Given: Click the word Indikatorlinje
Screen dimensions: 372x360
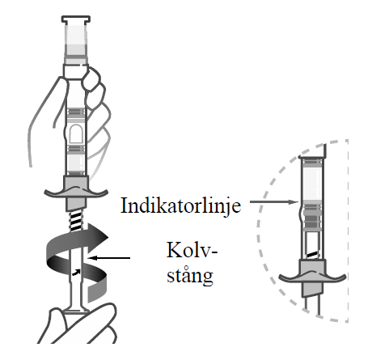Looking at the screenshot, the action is (180, 206).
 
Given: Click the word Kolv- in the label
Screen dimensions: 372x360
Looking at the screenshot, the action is (192, 250).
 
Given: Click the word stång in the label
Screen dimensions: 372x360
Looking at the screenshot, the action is (190, 276).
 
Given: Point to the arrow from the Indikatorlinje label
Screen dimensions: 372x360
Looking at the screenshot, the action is (274, 201).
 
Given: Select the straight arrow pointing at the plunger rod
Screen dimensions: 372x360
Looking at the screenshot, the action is (109, 258).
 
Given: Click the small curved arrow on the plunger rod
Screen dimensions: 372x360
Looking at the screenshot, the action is (75, 273).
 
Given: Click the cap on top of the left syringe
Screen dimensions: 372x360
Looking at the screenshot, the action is (76, 19).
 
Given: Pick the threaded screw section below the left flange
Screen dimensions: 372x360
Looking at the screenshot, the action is (76, 221).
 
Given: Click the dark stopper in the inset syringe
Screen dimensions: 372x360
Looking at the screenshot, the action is (312, 217).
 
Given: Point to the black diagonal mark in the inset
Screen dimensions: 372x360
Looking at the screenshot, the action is (313, 254).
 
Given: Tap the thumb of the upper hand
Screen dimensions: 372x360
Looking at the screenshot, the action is (91, 78).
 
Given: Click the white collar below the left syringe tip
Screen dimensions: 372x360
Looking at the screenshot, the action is (75, 70).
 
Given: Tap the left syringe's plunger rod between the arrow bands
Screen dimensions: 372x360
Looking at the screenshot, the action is (76, 258).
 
